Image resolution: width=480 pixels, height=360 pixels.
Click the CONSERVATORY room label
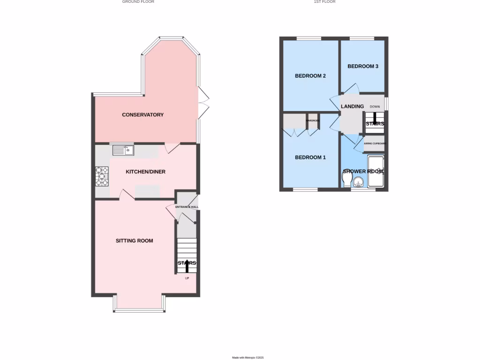coord(142,115)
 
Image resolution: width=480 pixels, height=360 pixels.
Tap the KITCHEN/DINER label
coord(145,172)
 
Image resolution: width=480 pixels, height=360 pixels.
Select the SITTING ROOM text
coord(134,241)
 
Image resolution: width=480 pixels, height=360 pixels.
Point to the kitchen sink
coord(123,150)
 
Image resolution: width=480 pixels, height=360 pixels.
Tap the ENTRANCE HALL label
coord(187,207)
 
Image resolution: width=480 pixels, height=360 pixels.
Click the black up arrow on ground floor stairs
coord(187,266)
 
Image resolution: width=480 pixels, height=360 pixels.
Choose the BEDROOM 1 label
coord(310,157)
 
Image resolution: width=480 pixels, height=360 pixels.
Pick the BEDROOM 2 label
coord(310,76)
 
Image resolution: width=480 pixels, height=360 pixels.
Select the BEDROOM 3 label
coord(362,67)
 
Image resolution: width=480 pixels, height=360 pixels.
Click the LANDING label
coord(352,106)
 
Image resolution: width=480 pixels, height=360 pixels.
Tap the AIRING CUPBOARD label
coord(375,143)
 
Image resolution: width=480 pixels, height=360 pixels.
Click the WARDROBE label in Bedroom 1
coord(313,120)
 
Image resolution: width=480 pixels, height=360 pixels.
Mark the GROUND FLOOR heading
coord(138,2)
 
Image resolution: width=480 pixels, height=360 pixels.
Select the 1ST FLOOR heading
coord(324,2)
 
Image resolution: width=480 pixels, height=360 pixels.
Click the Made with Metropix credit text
coord(248,358)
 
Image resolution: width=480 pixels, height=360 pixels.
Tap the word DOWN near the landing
coord(375,107)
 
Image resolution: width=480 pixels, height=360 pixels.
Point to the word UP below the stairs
coord(187,278)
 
